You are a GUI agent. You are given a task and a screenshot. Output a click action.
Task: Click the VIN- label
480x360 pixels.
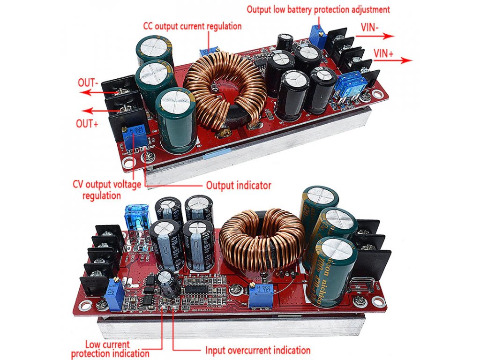point(370,27)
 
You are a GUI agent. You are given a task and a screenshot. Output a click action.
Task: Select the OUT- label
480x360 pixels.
point(88,83)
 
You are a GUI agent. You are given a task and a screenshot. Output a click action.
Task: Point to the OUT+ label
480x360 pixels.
point(88,124)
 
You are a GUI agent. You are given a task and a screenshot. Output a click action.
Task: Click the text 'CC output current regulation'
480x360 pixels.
point(192,26)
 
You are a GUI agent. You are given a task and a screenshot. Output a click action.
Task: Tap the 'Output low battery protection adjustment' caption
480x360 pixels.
point(318,9)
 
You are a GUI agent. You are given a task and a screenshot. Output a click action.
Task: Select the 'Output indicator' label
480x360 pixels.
point(239,185)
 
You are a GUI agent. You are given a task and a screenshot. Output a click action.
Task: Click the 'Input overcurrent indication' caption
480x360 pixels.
point(258,350)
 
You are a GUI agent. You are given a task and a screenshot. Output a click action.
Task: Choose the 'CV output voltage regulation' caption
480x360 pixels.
point(107,189)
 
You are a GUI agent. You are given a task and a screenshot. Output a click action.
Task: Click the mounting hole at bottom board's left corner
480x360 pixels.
point(85,306)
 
